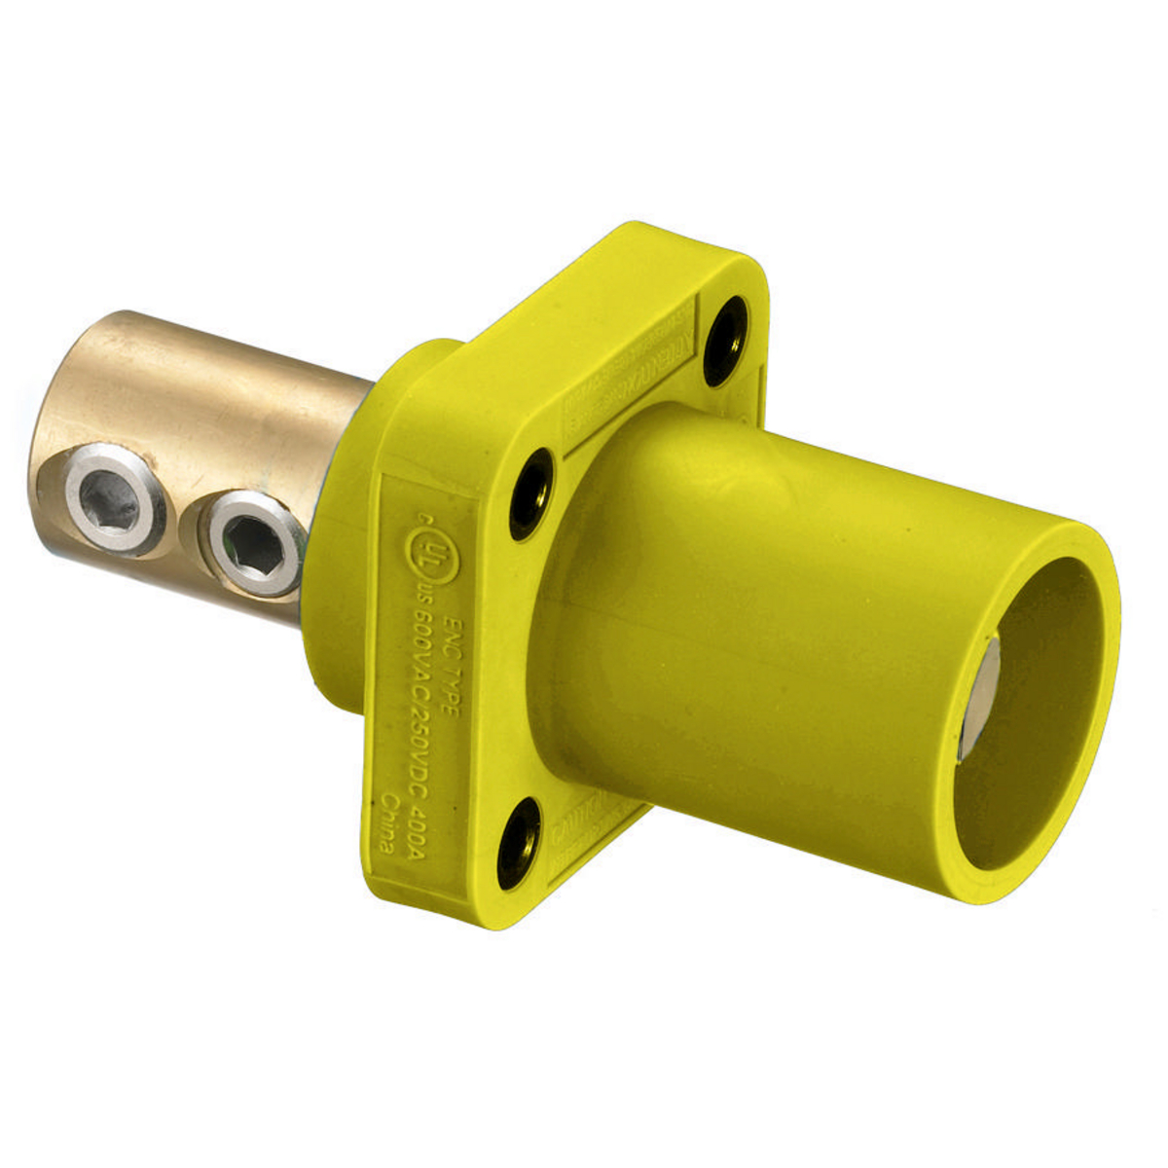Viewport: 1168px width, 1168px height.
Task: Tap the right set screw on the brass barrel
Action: (254, 539)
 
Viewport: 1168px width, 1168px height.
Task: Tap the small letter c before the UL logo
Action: (402, 526)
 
